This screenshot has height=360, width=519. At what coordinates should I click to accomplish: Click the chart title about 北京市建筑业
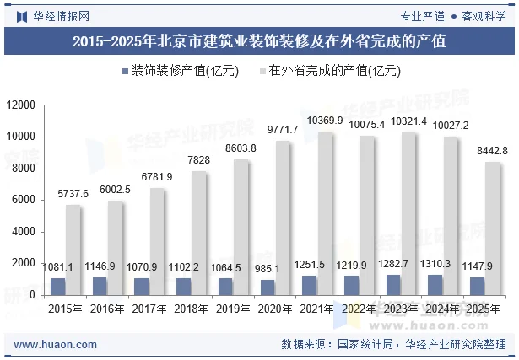[x=259, y=40]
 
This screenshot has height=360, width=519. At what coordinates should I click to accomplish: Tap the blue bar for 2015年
[x=57, y=286]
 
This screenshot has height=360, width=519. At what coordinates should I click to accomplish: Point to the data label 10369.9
[x=325, y=121]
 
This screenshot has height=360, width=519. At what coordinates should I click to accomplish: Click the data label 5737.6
[x=73, y=194]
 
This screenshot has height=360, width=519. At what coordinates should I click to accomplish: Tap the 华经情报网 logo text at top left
[x=61, y=14]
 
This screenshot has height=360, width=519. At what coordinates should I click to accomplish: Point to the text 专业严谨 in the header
[x=423, y=14]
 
